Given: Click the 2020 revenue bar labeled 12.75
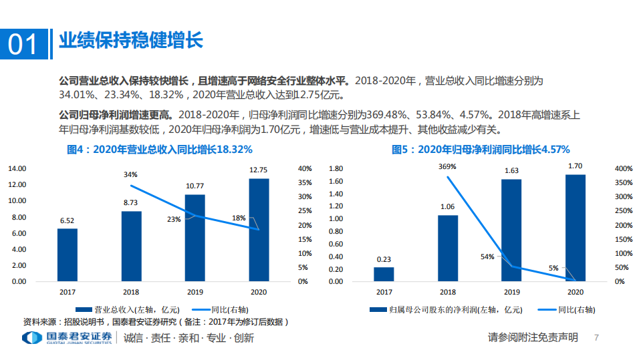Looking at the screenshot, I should [x=259, y=230].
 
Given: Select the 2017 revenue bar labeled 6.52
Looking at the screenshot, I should [x=68, y=254].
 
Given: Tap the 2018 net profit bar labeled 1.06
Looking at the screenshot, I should [x=448, y=248].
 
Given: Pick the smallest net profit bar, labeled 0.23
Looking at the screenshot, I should [x=384, y=274].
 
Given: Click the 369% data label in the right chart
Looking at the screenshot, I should [x=447, y=166].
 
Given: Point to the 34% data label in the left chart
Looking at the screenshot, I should [x=130, y=175].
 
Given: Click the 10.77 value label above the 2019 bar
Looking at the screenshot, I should [x=195, y=184].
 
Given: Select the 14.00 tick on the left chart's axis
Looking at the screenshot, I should [x=17, y=168].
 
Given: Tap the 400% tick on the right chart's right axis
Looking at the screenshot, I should [x=622, y=168].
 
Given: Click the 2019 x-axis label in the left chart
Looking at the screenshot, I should [x=195, y=292].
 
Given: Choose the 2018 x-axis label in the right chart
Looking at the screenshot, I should [x=448, y=292].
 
